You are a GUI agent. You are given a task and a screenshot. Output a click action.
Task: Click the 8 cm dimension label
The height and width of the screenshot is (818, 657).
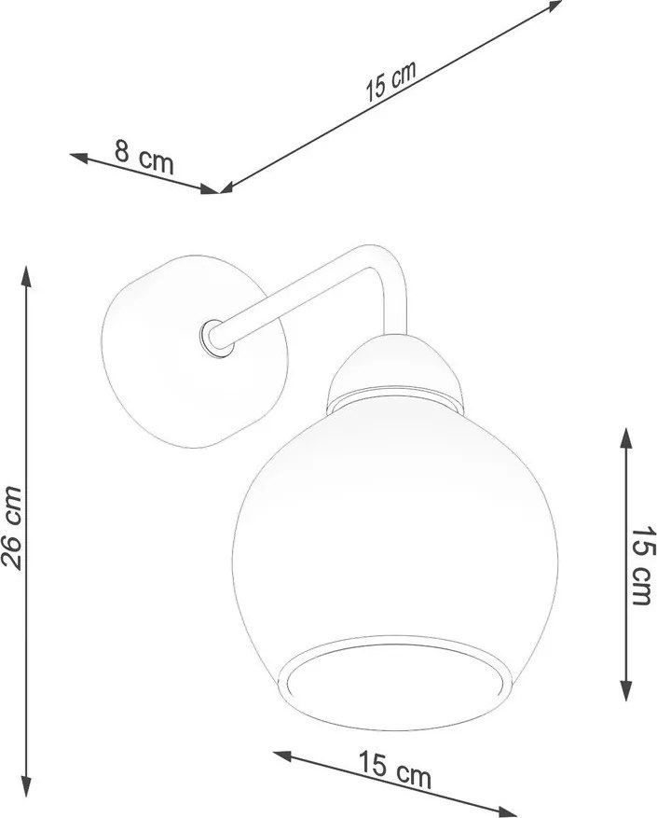point(144,156)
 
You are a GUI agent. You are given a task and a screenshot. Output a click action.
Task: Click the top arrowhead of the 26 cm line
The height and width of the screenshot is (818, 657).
point(26,273)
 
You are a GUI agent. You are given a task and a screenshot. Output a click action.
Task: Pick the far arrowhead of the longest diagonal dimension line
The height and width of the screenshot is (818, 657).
point(557,5)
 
